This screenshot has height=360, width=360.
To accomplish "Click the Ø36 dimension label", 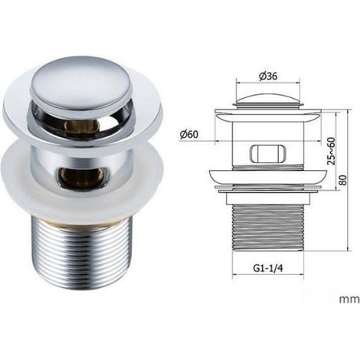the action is click(x=268, y=76).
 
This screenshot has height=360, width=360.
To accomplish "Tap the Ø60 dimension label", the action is click(x=188, y=134).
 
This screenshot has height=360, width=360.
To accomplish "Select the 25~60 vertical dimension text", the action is click(x=331, y=151).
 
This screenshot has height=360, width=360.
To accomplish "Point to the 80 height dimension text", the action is click(x=344, y=180).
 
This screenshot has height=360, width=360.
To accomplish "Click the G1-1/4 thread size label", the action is click(x=268, y=268).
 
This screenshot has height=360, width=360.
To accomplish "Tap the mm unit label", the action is click(x=349, y=299).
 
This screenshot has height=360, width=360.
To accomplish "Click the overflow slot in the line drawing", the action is click(x=267, y=153).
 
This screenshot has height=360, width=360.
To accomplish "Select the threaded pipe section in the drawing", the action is click(x=268, y=227).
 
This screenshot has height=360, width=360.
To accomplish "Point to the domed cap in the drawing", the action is click(x=268, y=100).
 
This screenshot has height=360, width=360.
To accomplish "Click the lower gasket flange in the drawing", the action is click(x=268, y=177).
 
